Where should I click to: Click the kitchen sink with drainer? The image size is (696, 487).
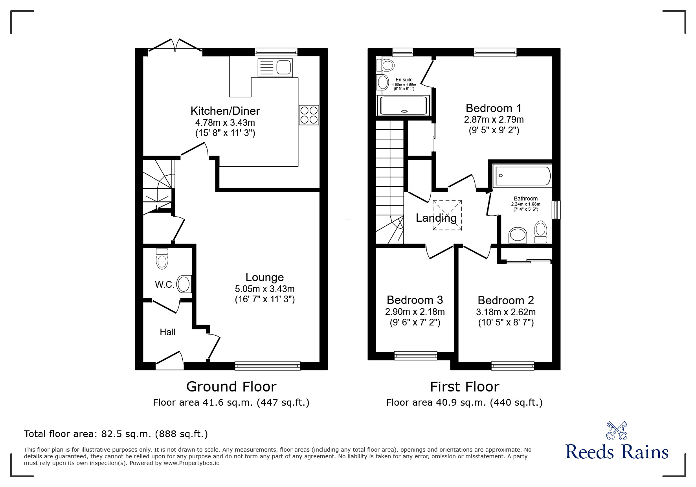(275, 68)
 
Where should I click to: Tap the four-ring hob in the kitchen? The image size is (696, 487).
(309, 115)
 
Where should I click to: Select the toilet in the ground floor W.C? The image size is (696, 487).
(162, 258)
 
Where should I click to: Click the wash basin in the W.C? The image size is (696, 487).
(184, 284)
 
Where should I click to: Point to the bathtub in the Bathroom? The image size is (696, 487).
(523, 176)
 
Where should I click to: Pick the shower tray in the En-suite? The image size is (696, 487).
(403, 105)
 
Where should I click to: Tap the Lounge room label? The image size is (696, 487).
(264, 277)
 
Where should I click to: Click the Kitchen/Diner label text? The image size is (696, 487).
(225, 111)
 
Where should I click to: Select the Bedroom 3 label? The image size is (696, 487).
(415, 300)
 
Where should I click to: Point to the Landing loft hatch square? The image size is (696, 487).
(447, 215)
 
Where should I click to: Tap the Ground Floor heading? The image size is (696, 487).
(231, 387)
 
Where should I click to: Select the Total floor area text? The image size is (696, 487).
(116, 434)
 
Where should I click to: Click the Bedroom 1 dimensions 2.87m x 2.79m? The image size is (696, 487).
(494, 119)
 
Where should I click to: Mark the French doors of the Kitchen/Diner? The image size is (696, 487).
(175, 45)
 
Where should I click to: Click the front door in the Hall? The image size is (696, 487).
(170, 360)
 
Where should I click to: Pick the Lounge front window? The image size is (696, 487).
(268, 366)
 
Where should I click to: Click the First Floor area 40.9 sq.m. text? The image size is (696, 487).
(464, 402)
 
